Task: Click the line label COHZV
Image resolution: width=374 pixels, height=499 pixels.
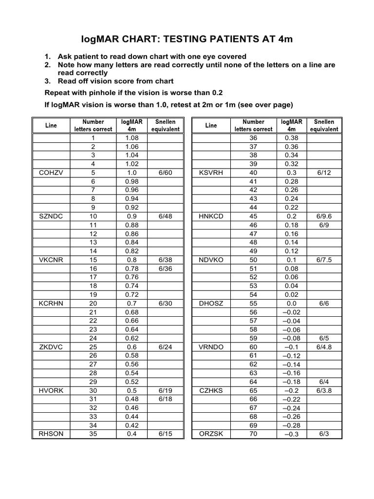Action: click(x=51, y=173)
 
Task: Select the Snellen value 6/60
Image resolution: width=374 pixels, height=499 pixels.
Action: click(x=165, y=173)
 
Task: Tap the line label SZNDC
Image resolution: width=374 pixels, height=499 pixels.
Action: click(x=51, y=216)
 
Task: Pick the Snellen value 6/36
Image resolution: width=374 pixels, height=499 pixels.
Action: click(x=165, y=268)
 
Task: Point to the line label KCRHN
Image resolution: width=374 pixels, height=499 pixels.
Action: click(x=51, y=303)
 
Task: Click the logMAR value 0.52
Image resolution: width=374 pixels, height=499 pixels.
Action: click(x=131, y=382)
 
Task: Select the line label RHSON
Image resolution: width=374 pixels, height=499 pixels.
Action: click(x=51, y=434)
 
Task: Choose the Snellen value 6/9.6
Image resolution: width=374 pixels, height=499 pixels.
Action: click(x=324, y=216)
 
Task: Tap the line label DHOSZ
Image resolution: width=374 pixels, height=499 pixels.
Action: click(x=211, y=303)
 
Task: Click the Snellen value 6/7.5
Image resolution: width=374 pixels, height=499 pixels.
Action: click(x=324, y=260)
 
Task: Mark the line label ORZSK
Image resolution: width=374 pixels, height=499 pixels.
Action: click(x=211, y=434)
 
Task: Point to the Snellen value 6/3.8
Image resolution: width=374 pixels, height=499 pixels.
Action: click(x=324, y=390)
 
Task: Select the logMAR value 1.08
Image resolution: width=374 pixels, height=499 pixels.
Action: click(x=131, y=138)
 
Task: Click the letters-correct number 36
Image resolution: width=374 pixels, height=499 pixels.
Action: click(x=253, y=138)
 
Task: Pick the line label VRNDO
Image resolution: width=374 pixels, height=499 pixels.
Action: click(x=211, y=346)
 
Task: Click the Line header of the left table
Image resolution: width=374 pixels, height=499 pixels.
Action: click(x=51, y=125)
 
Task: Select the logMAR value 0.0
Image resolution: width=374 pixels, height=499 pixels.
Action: click(x=291, y=303)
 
